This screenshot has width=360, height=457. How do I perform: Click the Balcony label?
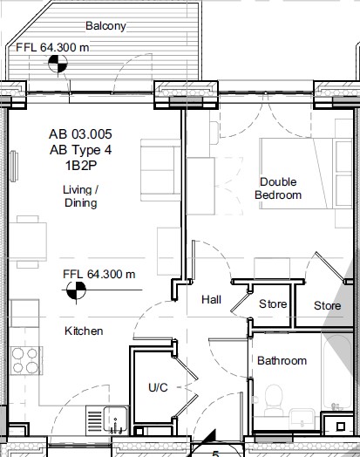click(105, 26)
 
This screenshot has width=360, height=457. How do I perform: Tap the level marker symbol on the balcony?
click(58, 64)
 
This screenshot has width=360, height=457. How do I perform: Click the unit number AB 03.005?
click(80, 134)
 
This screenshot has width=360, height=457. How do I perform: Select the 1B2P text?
click(81, 166)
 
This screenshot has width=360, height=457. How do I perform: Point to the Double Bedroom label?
click(278, 188)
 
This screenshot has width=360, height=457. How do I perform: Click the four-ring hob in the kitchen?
click(25, 360)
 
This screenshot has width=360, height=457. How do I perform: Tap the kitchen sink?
click(115, 419)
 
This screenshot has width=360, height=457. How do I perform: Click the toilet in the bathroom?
click(274, 399)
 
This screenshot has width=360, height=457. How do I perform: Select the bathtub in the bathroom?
click(337, 372)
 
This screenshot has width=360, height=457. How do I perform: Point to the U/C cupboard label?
click(158, 387)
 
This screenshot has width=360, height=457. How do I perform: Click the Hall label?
click(212, 299)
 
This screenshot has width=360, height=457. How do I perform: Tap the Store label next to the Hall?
click(273, 304)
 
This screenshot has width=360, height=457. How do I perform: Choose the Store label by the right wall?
click(328, 306)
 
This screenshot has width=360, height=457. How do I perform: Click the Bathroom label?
click(282, 360)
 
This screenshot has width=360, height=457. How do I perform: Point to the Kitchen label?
click(84, 331)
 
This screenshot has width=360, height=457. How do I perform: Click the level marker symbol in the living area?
click(76, 290)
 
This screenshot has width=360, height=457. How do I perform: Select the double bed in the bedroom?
click(306, 174)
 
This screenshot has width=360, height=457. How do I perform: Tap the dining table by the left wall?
click(28, 242)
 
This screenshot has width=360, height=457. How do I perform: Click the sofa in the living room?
click(160, 170)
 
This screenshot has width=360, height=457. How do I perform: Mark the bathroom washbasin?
click(302, 419)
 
